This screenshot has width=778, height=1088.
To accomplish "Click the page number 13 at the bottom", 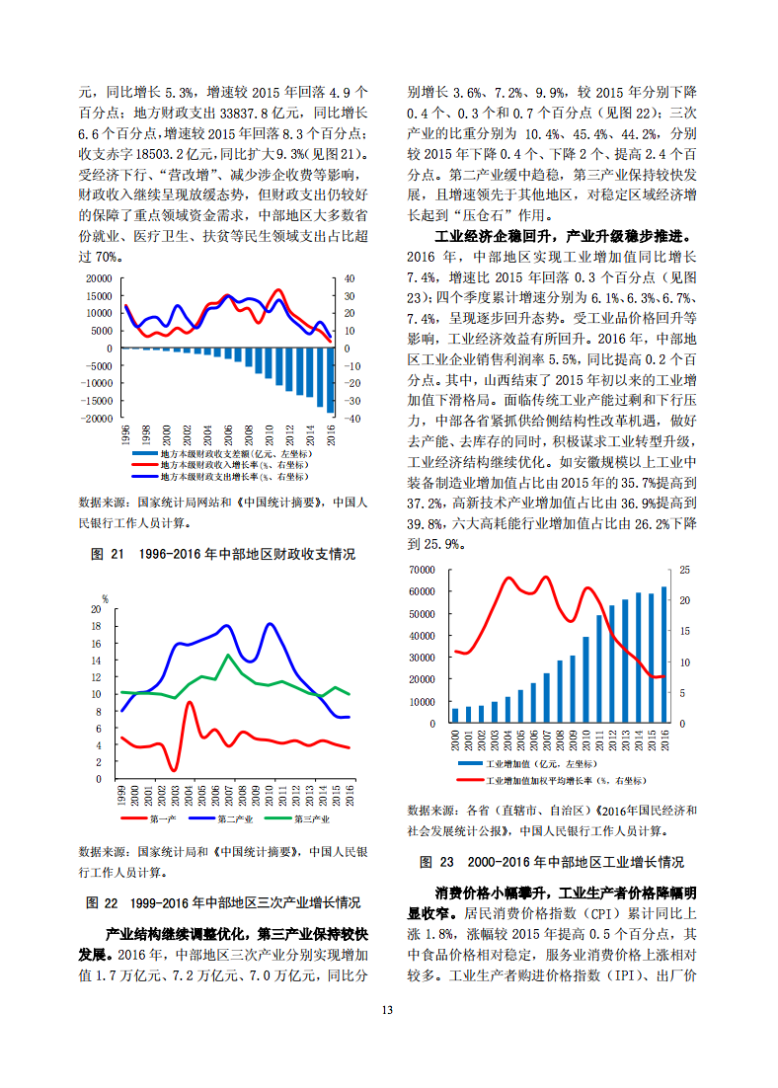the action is pyautogui.click(x=387, y=1010).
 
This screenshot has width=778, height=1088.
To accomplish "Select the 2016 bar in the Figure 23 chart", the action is pyautogui.click(x=664, y=655).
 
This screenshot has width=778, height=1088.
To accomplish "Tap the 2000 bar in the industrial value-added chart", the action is pyautogui.click(x=455, y=716).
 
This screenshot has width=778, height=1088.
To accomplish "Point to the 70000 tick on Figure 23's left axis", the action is pyautogui.click(x=422, y=570).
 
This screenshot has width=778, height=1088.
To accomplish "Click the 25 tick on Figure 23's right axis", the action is pyautogui.click(x=685, y=570).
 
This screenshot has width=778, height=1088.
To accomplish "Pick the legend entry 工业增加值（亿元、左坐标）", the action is pyautogui.click(x=527, y=764).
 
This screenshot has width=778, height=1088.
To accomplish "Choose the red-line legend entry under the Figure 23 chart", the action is pyautogui.click(x=552, y=781).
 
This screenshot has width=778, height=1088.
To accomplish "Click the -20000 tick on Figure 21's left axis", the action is pyautogui.click(x=97, y=419).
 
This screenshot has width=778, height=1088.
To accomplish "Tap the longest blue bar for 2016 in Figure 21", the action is pyautogui.click(x=331, y=380).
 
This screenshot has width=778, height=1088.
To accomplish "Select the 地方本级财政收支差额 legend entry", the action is pyautogui.click(x=221, y=454).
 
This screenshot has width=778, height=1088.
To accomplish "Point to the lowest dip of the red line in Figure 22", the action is pyautogui.click(x=174, y=769).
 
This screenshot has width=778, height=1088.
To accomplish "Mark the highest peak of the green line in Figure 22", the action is pyautogui.click(x=228, y=655).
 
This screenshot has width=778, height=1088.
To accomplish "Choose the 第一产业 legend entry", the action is pyautogui.click(x=148, y=819).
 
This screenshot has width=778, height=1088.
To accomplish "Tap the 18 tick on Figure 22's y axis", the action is pyautogui.click(x=97, y=626).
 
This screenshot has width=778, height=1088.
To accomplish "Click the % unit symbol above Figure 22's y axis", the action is pyautogui.click(x=105, y=599).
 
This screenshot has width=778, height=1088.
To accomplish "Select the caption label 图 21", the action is pyautogui.click(x=108, y=554).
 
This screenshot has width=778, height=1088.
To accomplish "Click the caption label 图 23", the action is pyautogui.click(x=436, y=862).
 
